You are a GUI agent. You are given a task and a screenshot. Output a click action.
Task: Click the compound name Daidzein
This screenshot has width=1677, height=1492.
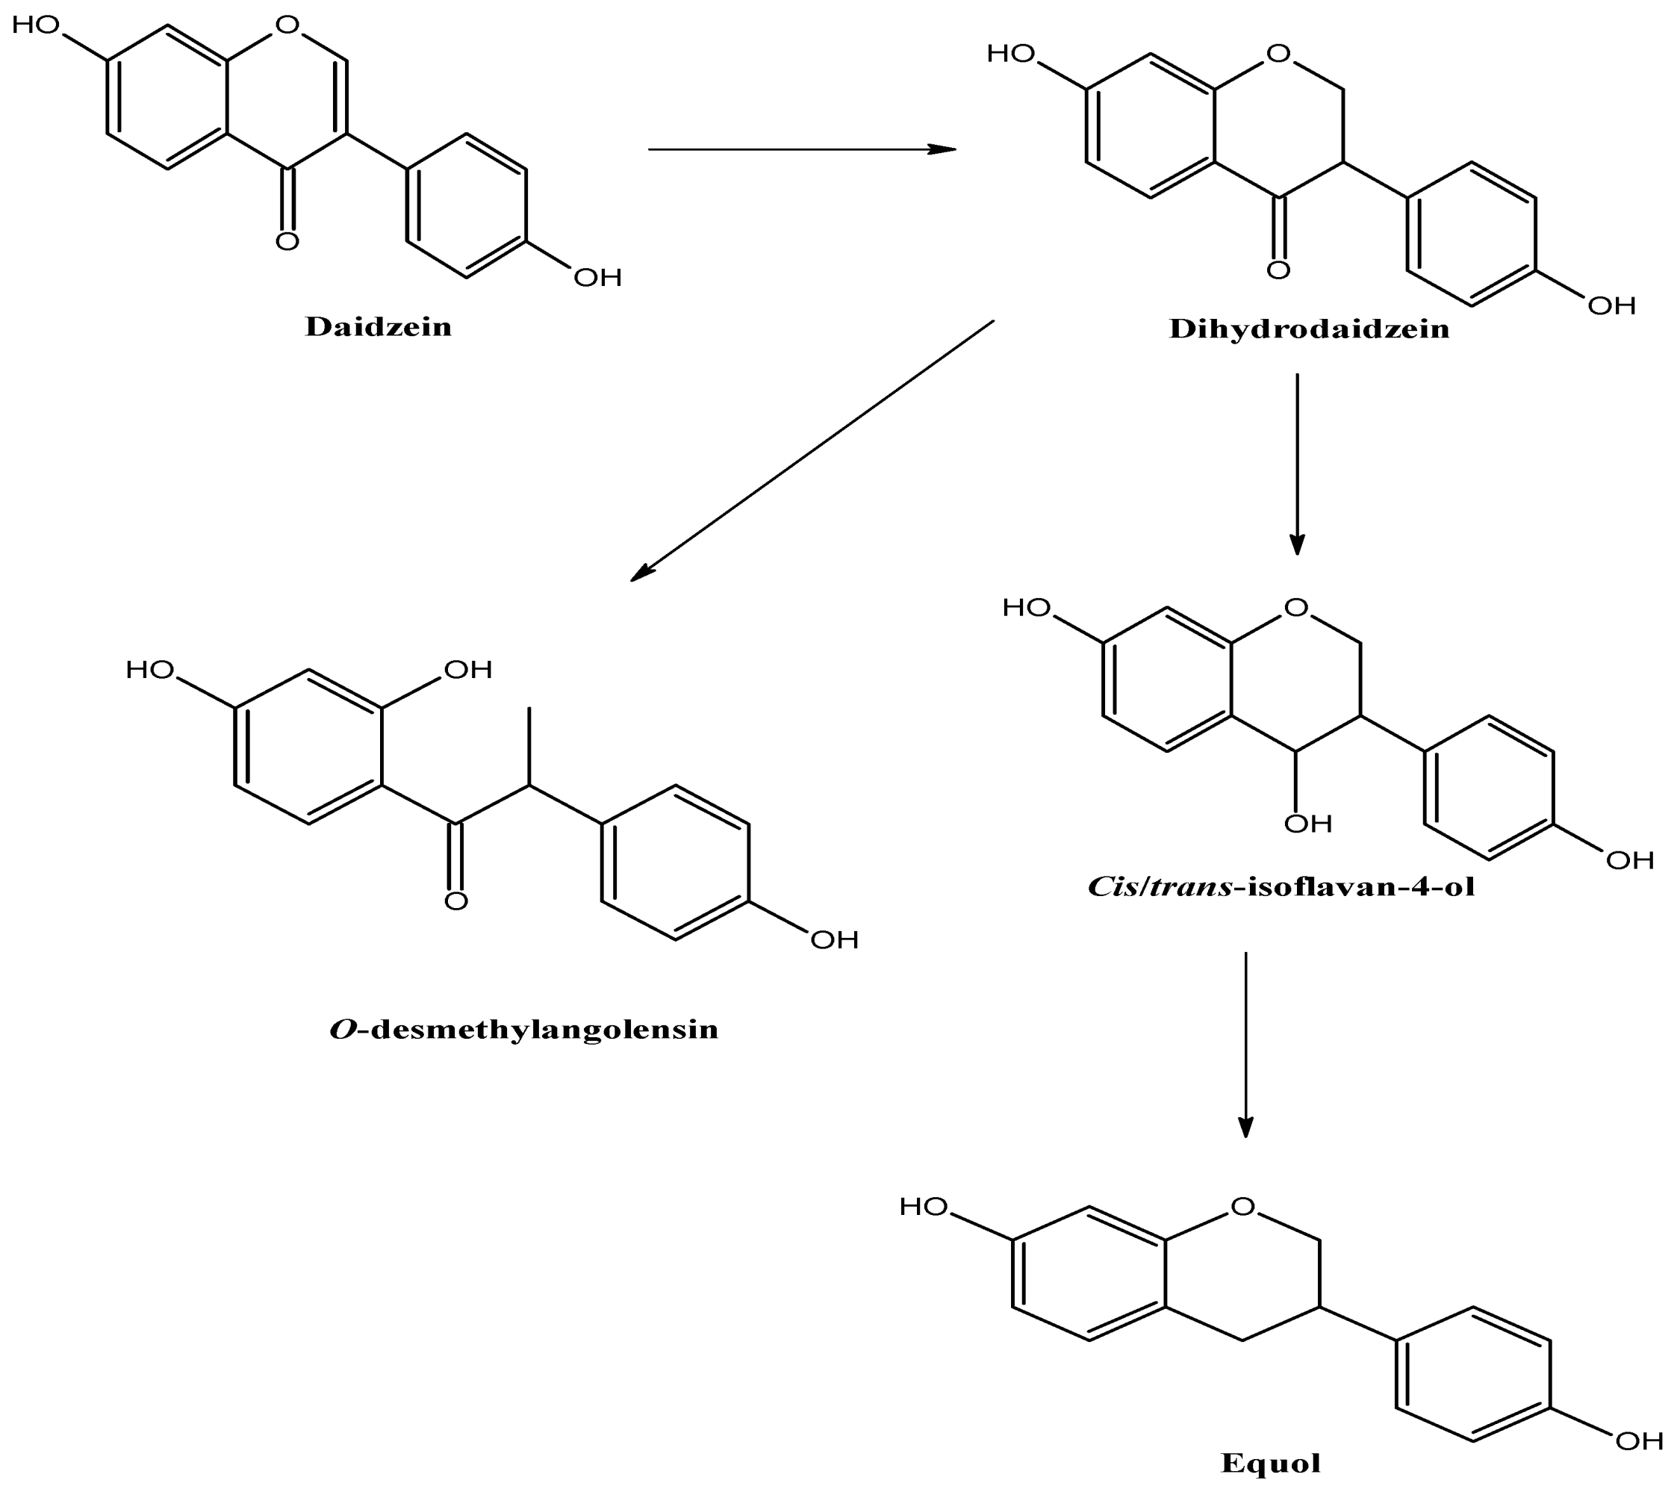[379, 326]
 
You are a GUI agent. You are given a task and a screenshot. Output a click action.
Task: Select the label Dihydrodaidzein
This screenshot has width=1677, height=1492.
[1309, 329]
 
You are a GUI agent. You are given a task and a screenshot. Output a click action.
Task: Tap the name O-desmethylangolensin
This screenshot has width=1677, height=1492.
[523, 1029]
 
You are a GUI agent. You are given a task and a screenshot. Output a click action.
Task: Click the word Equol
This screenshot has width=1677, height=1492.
[1270, 1462]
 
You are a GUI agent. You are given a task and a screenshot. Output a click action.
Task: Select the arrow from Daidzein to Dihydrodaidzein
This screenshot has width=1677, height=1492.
[802, 149]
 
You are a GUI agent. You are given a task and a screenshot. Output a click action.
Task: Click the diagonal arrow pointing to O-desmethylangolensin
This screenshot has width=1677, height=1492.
[812, 450]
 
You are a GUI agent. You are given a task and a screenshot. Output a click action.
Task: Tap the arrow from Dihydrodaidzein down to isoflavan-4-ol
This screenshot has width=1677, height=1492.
[1296, 464]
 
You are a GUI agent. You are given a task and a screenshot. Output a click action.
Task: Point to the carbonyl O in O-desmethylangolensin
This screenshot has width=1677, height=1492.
[456, 901]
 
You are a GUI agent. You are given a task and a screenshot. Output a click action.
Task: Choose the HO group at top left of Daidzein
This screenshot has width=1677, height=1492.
[36, 25]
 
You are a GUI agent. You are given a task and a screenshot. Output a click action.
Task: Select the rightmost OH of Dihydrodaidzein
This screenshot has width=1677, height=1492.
[1611, 306]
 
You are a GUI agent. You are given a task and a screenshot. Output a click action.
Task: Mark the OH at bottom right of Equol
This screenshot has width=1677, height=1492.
[1638, 1440]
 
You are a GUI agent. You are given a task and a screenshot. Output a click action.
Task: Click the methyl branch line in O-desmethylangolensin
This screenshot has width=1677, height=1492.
[529, 745]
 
